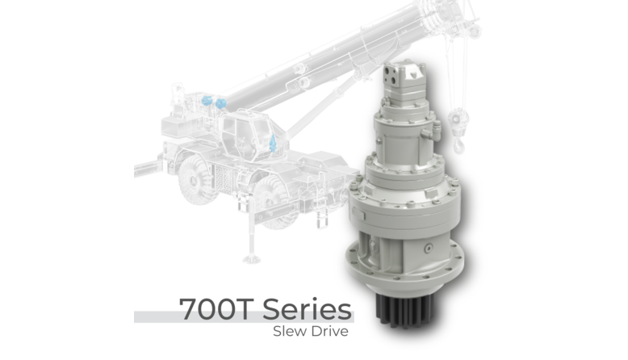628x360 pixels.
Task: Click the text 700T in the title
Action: coord(215,309)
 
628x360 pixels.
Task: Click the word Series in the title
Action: coord(308,309)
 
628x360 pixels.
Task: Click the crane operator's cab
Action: coord(248,133)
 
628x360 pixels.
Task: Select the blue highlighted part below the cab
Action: coord(273,143)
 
